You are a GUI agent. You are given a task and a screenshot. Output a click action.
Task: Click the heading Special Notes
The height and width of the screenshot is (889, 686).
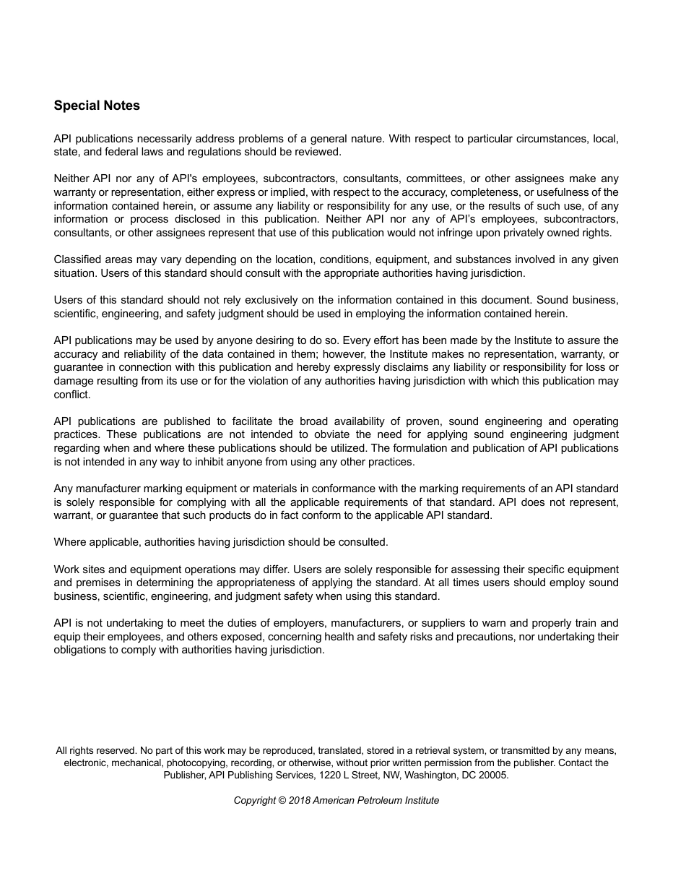pyautogui.click(x=97, y=106)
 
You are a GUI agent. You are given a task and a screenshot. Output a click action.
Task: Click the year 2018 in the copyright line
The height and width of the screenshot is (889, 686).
pyautogui.click(x=299, y=800)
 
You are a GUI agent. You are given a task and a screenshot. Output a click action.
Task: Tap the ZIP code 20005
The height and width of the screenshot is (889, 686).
pyautogui.click(x=493, y=775)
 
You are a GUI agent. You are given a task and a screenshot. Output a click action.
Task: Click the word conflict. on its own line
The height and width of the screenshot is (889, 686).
pyautogui.click(x=71, y=395)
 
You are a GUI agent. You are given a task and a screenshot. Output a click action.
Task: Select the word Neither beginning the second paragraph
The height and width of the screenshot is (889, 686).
pyautogui.click(x=71, y=179)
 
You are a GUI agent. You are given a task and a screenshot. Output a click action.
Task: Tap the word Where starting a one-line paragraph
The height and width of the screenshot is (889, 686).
pyautogui.click(x=69, y=542)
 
